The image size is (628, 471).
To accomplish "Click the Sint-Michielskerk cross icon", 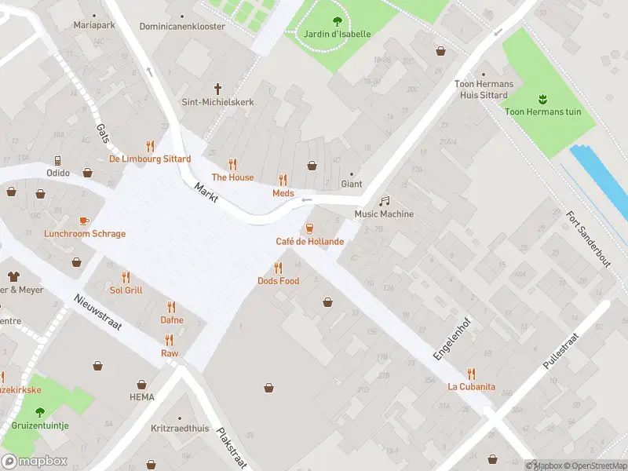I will [x=218, y=89].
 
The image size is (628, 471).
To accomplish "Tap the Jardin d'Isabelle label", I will [x=337, y=35].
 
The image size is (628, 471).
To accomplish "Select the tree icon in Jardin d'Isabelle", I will [x=338, y=21].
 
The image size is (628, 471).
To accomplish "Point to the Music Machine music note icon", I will [x=384, y=201].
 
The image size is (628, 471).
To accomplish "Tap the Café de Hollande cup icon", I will [x=309, y=228].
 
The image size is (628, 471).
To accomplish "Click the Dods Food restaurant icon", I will [x=278, y=268].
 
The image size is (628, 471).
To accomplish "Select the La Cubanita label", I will [x=471, y=386].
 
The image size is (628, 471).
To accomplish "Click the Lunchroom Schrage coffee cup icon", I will [x=84, y=221].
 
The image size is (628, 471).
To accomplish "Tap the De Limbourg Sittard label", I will [x=150, y=159].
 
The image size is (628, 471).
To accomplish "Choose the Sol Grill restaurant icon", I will [x=126, y=277].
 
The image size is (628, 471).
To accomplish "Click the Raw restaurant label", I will [x=170, y=353].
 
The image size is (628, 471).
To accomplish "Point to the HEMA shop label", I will [x=142, y=397].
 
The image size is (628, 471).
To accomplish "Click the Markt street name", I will [x=206, y=192].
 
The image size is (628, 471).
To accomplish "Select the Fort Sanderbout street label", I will [x=588, y=240].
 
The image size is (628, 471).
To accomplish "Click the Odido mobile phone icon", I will [x=58, y=159].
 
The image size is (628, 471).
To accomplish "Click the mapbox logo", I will [x=35, y=461].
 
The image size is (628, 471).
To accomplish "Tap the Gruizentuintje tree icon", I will [x=40, y=412].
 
